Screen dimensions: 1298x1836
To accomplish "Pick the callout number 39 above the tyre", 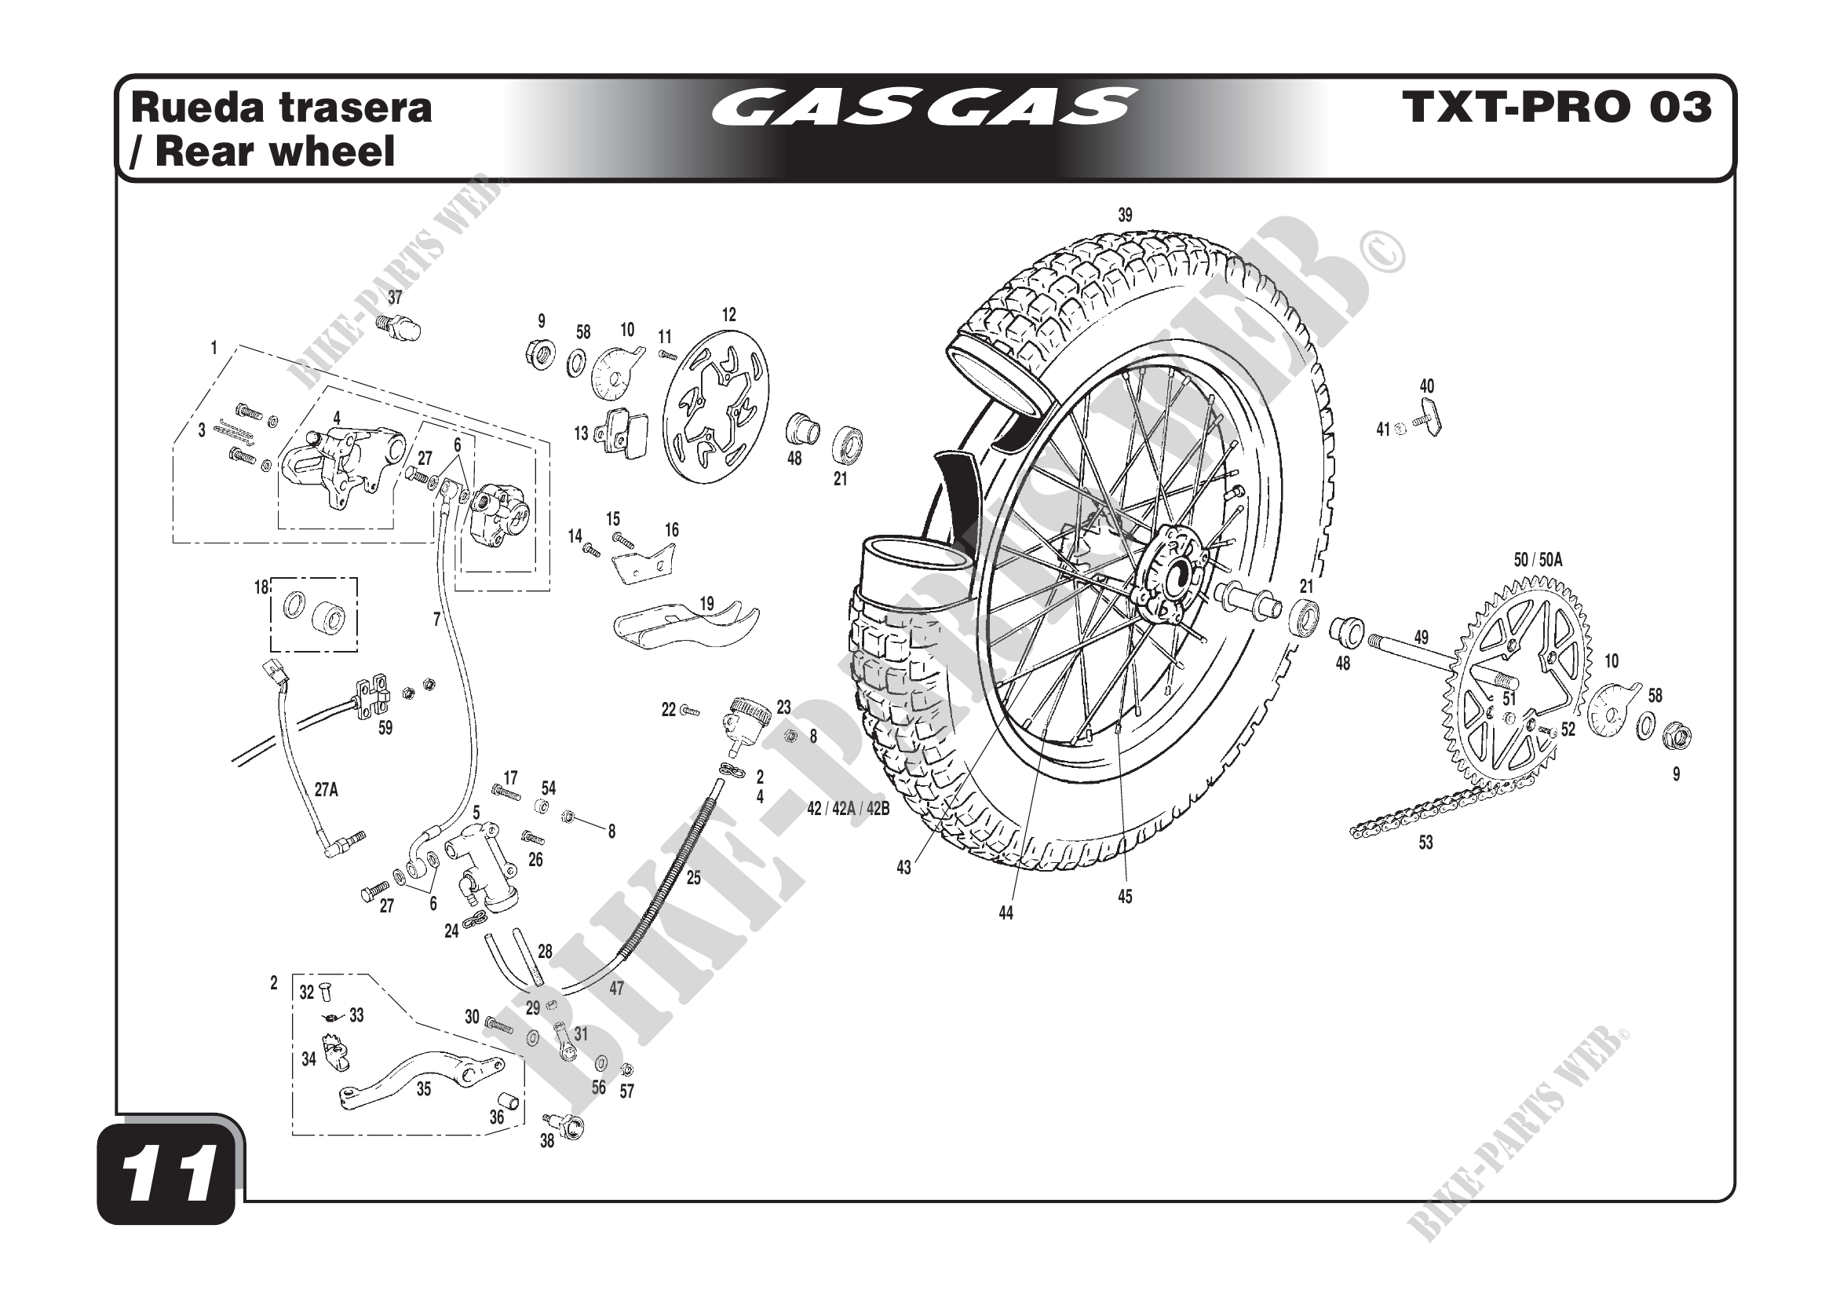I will [x=1124, y=215].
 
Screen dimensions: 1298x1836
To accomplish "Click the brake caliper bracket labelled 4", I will [x=340, y=464].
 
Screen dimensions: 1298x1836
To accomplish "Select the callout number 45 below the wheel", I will [x=1124, y=898].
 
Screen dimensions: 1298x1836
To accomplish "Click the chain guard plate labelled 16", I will [x=644, y=561].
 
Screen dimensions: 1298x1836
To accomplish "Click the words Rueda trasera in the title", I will [x=282, y=108].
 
